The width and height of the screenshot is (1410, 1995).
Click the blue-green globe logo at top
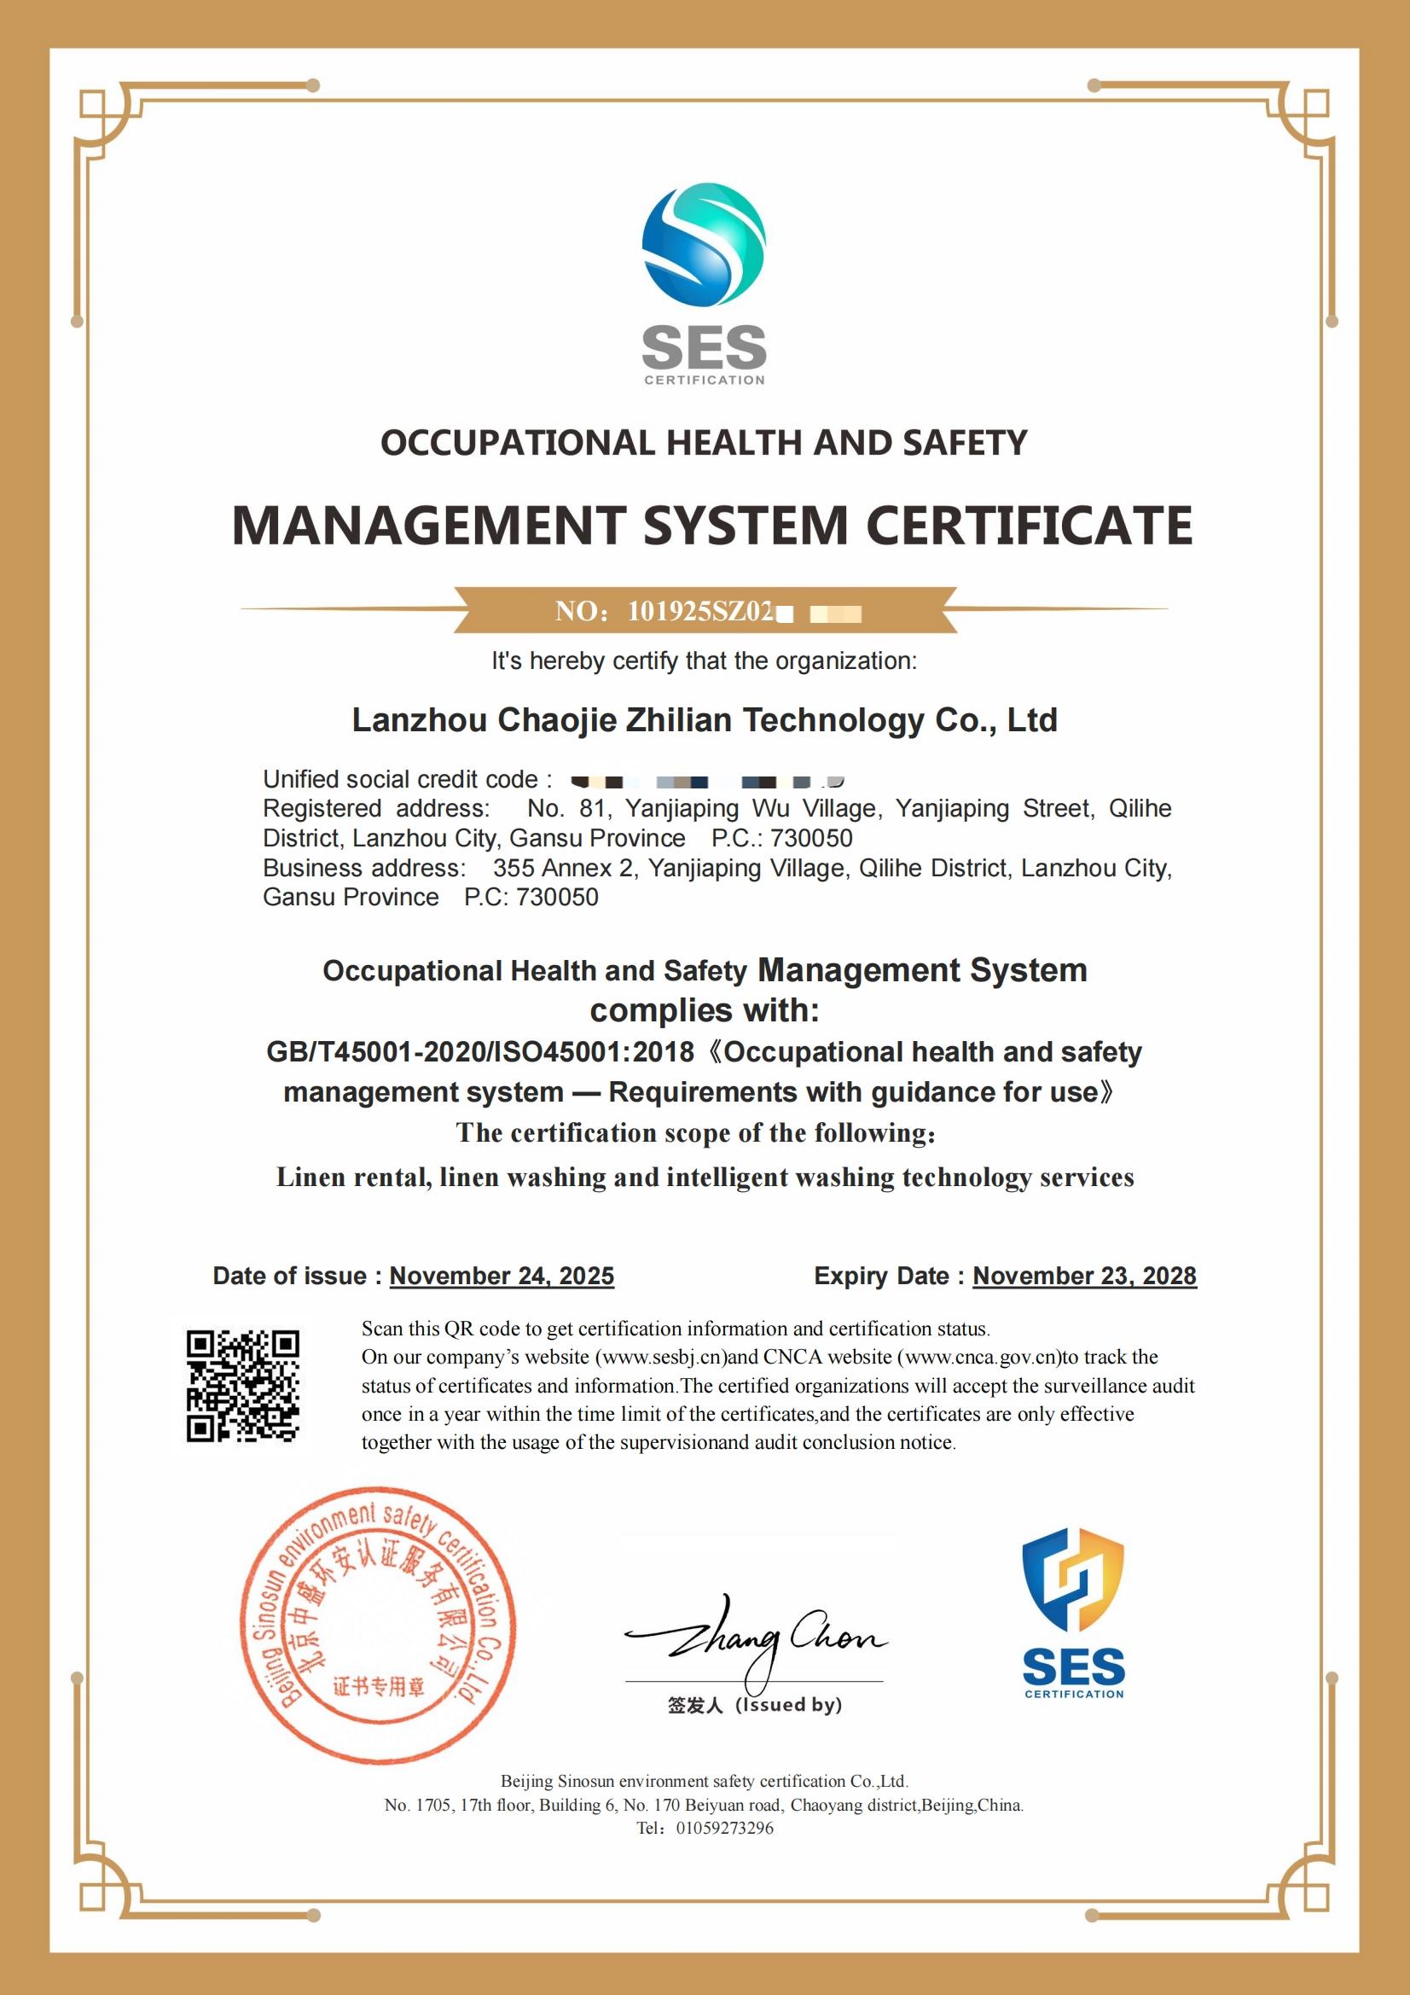pos(704,244)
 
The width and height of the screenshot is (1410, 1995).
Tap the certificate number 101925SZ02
pos(699,612)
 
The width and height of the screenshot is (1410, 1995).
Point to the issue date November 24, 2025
pos(502,1276)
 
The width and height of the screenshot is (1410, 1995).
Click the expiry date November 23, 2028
pos(1084,1276)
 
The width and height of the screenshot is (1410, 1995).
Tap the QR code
pos(243,1386)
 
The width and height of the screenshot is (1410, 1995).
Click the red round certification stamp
pos(378,1624)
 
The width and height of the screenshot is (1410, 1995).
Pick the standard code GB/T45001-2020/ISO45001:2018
pos(479,1052)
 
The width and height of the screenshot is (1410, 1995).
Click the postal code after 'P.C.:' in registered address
pos(811,838)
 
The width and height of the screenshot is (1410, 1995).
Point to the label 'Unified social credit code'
pos(401,779)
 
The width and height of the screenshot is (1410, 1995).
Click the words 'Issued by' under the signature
pos(789,1705)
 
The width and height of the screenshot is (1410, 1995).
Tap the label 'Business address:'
pos(364,868)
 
